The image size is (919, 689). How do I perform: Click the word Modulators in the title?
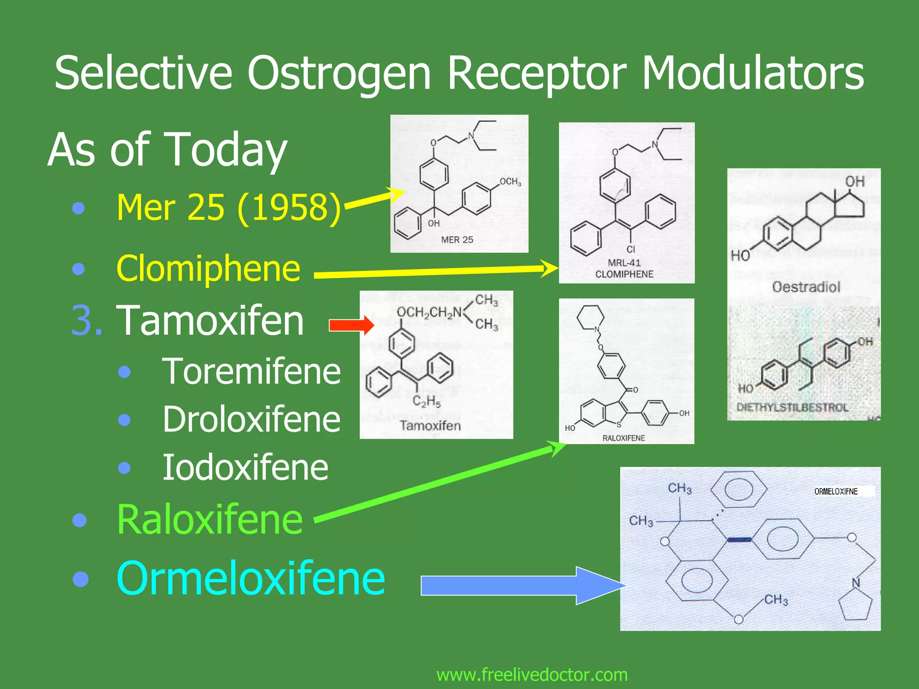click(x=753, y=73)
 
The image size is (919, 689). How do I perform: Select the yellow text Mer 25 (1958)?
click(x=228, y=208)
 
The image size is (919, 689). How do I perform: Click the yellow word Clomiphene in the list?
click(x=208, y=268)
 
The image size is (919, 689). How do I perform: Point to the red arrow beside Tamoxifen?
click(x=351, y=325)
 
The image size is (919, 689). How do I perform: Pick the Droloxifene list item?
click(x=251, y=419)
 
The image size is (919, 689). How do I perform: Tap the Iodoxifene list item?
click(x=245, y=467)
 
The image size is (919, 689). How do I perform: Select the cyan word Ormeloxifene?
click(x=250, y=579)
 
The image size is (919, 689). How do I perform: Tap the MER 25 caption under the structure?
click(x=457, y=240)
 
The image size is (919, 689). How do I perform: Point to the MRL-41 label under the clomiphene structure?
click(x=624, y=263)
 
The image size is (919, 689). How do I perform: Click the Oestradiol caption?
click(x=806, y=287)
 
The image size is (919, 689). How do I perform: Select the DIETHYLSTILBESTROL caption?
click(x=792, y=407)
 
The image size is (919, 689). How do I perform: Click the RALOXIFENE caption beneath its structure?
click(x=623, y=438)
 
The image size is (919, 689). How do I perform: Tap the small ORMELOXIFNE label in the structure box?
click(x=836, y=492)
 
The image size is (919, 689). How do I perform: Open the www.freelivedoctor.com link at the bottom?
click(x=532, y=675)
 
